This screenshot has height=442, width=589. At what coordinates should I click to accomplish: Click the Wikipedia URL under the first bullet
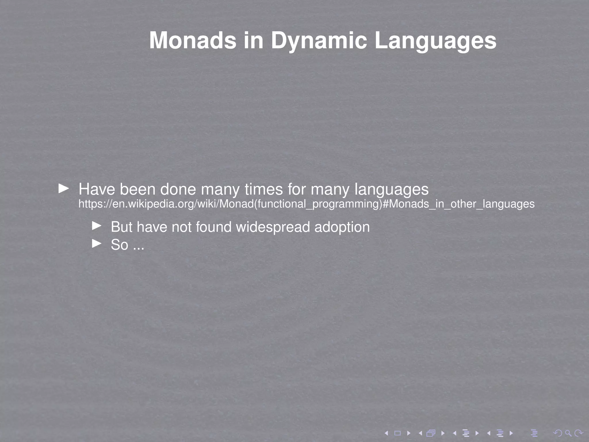pos(306,204)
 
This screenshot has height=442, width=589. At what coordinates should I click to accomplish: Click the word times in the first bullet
pos(264,189)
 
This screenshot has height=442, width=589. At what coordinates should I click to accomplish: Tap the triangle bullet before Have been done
pos(64,189)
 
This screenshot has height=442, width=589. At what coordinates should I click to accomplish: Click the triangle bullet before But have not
pos(97,226)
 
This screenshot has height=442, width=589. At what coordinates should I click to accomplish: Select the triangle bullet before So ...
pos(97,244)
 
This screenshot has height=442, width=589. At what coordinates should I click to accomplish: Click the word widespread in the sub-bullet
pos(273,227)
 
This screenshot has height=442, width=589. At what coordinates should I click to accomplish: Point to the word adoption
pos(342,227)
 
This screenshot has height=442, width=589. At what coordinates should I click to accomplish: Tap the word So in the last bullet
pos(119,245)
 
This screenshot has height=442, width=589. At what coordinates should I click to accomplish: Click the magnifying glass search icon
pos(568,433)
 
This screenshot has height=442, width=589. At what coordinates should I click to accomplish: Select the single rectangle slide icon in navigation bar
pos(397,433)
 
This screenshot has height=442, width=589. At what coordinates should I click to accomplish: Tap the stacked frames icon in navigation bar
pos(431,433)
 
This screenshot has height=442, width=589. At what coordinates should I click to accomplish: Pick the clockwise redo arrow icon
pos(579,433)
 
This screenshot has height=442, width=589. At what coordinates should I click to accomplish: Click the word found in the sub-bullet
pos(213,227)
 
